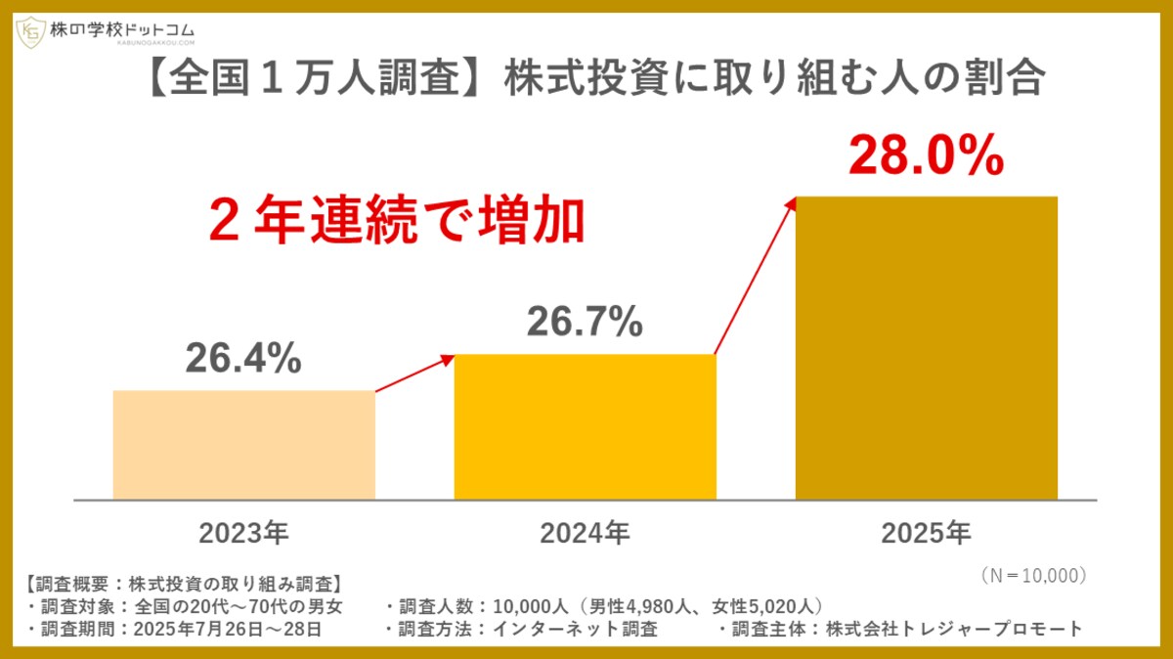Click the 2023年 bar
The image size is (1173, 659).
click(243, 445)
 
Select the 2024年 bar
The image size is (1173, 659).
click(585, 426)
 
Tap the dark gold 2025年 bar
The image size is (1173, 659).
click(926, 347)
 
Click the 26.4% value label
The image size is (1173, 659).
click(243, 359)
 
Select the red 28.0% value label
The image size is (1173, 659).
click(926, 156)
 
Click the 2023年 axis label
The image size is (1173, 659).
click(243, 534)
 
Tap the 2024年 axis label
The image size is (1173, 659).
click(585, 534)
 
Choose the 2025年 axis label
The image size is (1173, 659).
click(926, 534)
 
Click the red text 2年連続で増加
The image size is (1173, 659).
click(396, 222)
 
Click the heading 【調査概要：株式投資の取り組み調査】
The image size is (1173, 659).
click(181, 585)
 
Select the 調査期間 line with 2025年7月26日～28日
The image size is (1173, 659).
click(176, 629)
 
